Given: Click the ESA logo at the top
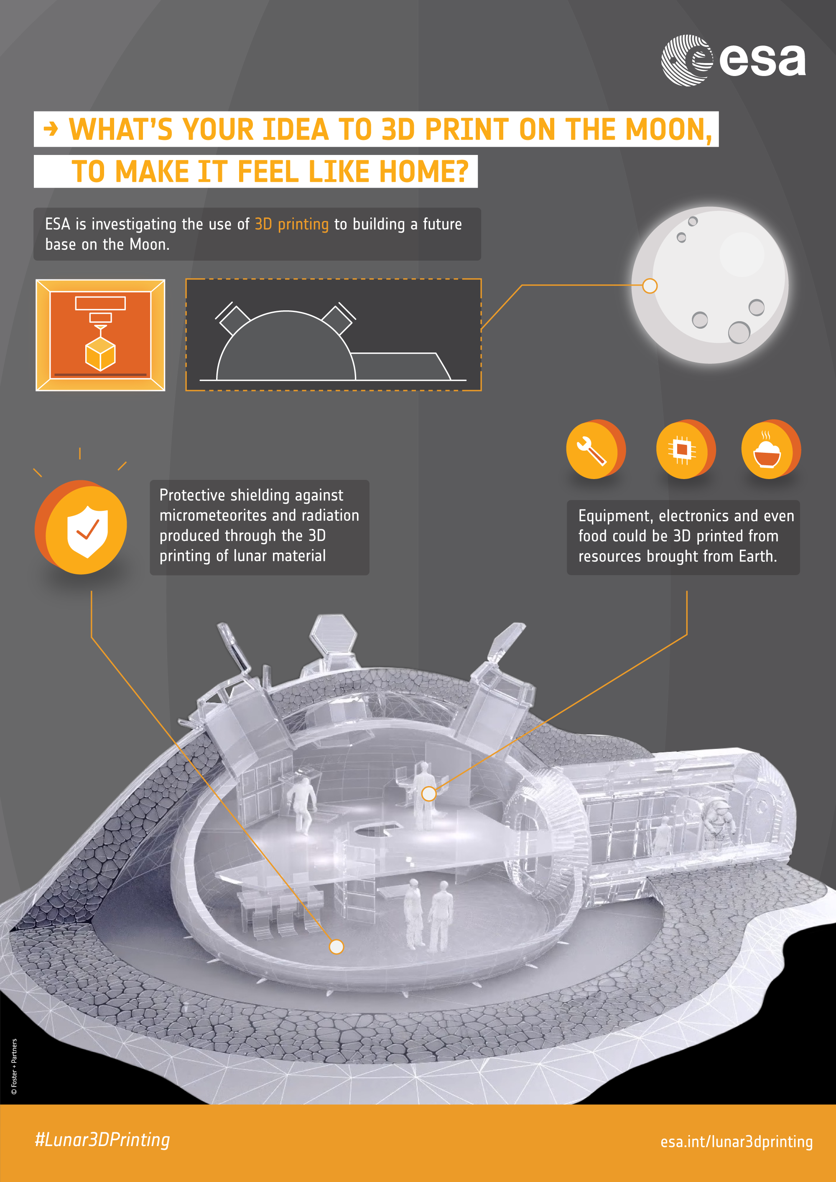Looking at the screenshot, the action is point(734,60).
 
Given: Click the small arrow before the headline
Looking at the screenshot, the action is point(51,129).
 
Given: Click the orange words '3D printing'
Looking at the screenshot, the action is point(291,224).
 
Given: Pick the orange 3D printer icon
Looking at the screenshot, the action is point(100,335).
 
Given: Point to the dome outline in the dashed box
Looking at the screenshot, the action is point(286,345).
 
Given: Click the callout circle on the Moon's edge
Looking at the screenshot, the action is point(650,286).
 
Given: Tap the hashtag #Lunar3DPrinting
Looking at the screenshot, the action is point(102,1140).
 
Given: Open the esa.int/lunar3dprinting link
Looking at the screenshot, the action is point(737,1142).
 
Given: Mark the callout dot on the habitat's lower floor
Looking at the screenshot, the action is point(336,946).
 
